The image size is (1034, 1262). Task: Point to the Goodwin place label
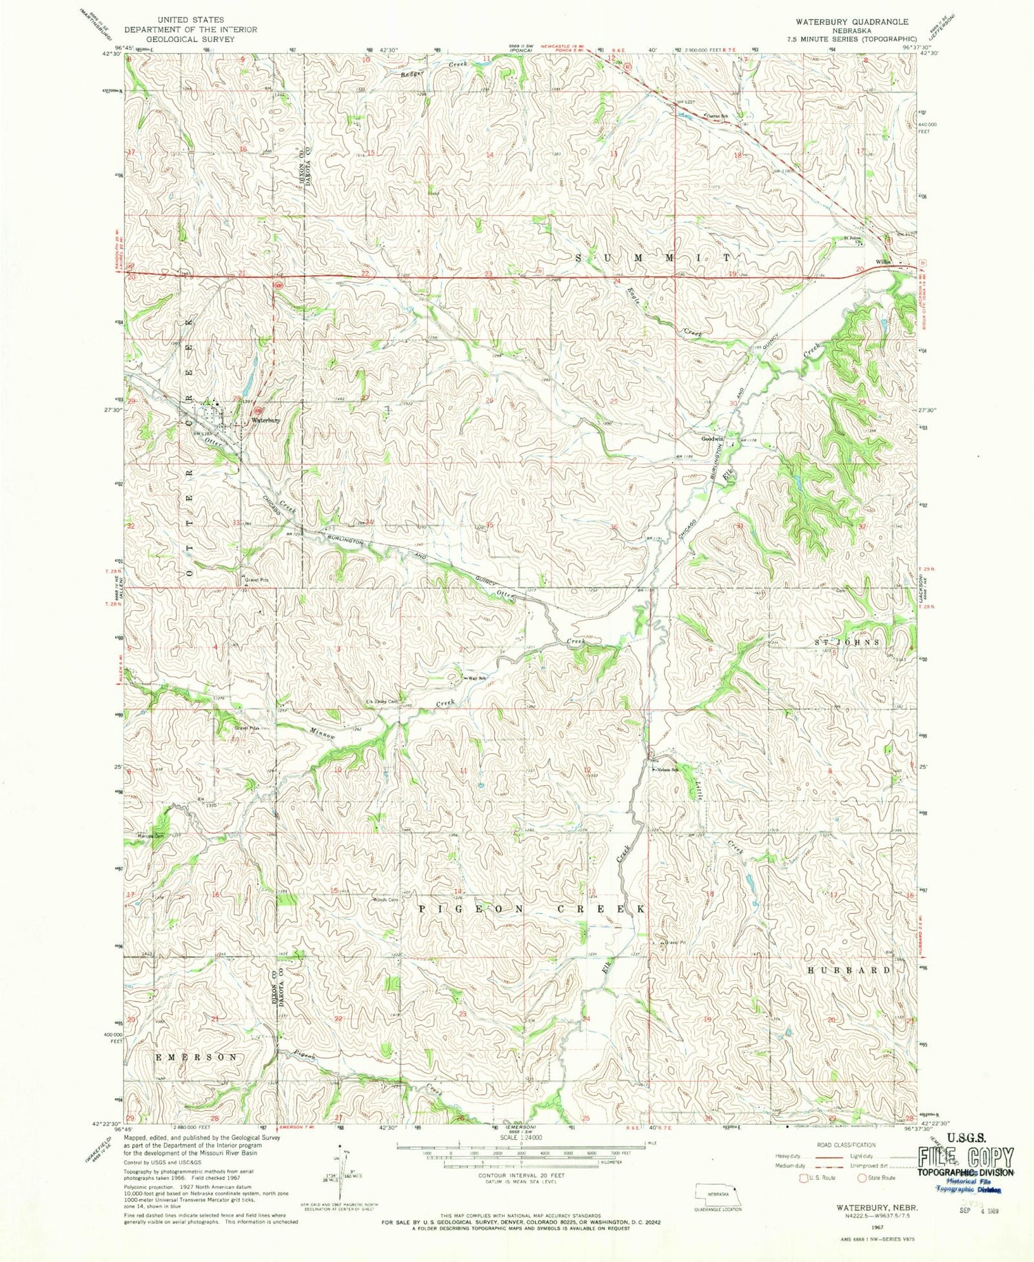(x=713, y=439)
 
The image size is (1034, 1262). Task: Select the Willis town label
(x=884, y=262)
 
